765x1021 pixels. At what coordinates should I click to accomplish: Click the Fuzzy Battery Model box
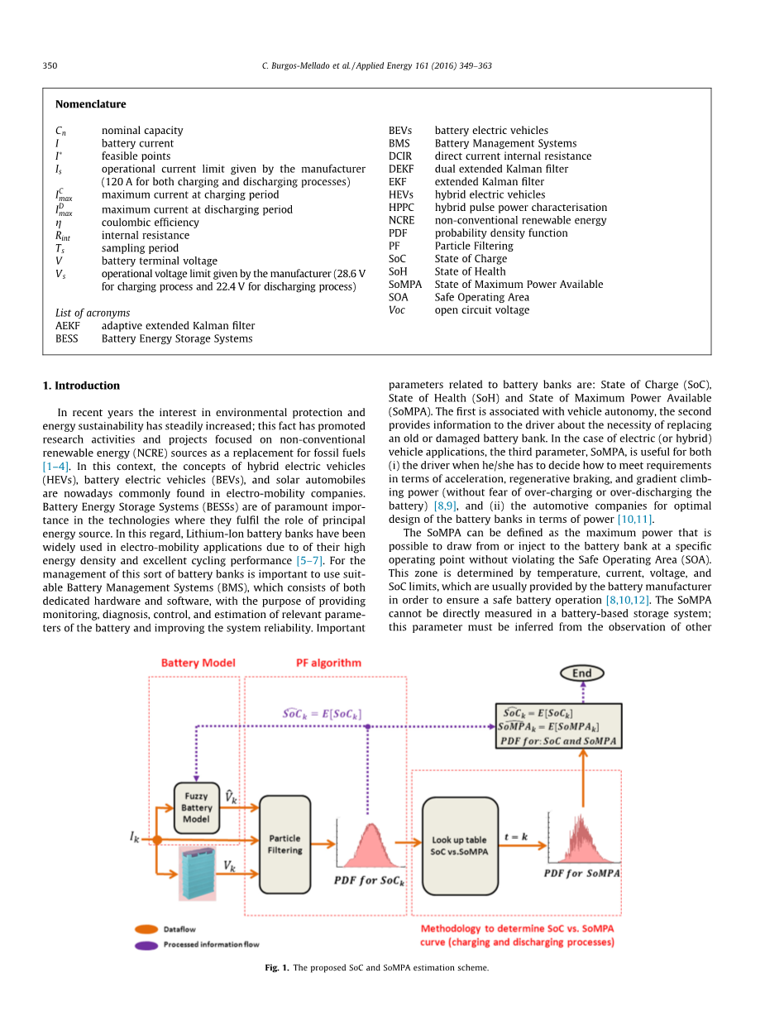pyautogui.click(x=197, y=808)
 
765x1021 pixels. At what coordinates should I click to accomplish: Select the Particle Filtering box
pyautogui.click(x=284, y=844)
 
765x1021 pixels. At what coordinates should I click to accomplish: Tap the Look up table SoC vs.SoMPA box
pyautogui.click(x=459, y=845)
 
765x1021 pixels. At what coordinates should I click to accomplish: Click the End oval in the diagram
pyautogui.click(x=581, y=673)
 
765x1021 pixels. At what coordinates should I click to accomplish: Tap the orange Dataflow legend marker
pyautogui.click(x=146, y=929)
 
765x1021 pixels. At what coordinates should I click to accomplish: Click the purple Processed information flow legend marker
pyautogui.click(x=146, y=944)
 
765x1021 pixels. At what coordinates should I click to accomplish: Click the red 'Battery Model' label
pyautogui.click(x=198, y=663)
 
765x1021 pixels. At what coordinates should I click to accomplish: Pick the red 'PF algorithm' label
pyautogui.click(x=328, y=663)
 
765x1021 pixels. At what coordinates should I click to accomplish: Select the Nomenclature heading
pyautogui.click(x=91, y=104)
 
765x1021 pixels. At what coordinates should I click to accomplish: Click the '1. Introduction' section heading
pyautogui.click(x=81, y=386)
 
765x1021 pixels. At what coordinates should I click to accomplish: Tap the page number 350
pyautogui.click(x=50, y=65)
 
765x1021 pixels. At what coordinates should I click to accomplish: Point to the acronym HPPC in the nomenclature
pyautogui.click(x=401, y=208)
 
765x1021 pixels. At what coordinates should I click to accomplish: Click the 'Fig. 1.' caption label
pyautogui.click(x=276, y=967)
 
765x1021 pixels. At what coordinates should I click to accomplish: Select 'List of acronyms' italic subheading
pyautogui.click(x=93, y=313)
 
